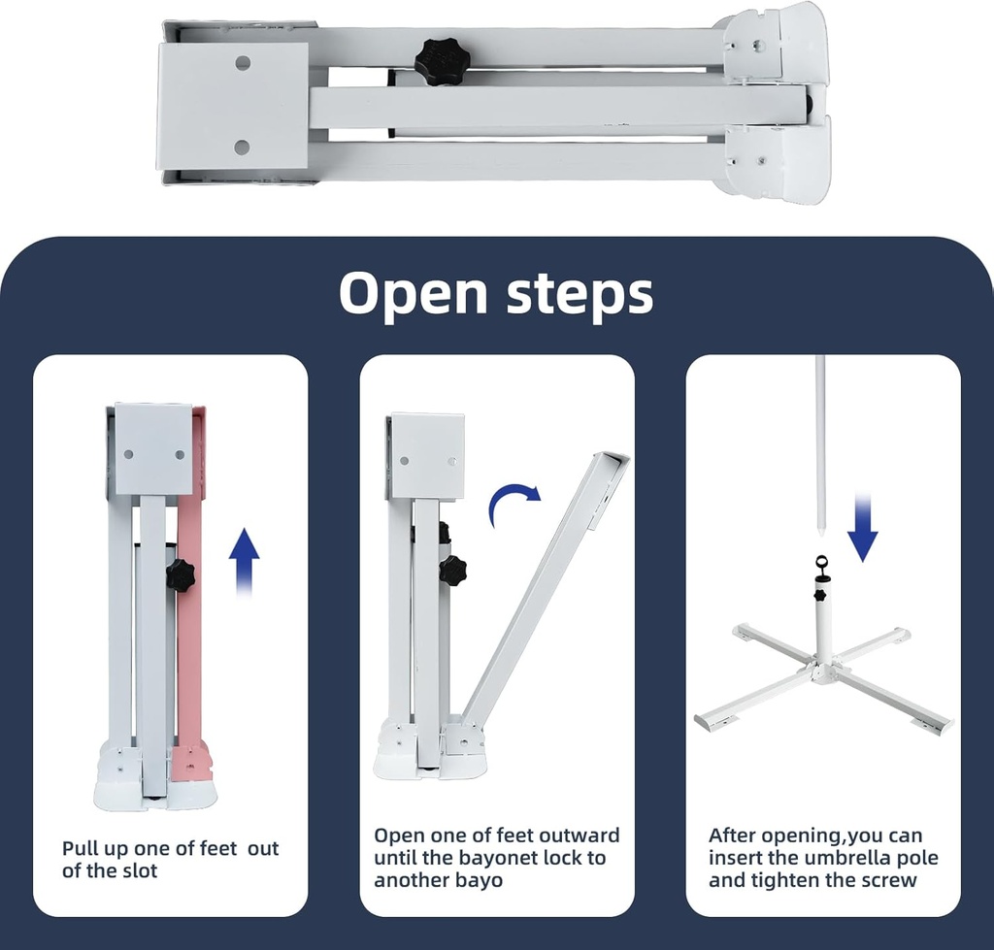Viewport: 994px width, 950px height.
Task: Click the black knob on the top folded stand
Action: point(437,60)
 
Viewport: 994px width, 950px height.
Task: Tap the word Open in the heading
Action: point(415,293)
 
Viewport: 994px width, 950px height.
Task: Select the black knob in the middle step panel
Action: point(454,568)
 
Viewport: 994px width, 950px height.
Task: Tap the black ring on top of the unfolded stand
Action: point(822,562)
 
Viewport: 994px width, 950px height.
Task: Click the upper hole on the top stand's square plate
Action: point(243,63)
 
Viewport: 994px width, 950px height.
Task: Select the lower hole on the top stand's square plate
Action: point(242,147)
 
